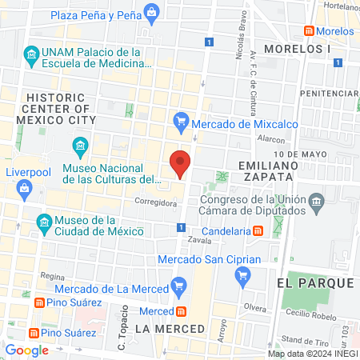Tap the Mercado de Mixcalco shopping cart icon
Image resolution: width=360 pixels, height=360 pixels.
[x=181, y=122]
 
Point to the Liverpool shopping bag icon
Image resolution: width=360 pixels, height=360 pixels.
[x=25, y=188]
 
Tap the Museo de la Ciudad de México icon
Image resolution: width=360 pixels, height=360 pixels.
[x=46, y=222]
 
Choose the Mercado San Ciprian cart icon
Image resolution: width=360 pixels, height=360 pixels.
[x=244, y=274]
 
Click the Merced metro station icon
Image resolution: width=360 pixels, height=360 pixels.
[x=182, y=311]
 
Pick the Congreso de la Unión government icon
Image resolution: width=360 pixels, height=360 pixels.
[x=317, y=199]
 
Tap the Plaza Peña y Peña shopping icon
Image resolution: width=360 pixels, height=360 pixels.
[x=151, y=12]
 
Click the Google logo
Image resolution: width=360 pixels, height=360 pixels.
[x=27, y=350]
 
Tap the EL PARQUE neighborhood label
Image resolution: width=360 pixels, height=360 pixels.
[x=314, y=283]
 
